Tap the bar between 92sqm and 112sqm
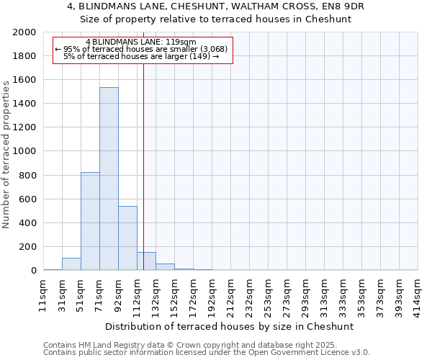[127, 238]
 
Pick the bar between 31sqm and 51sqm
[71, 264]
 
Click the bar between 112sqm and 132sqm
[146, 261]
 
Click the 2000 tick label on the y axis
[24, 32]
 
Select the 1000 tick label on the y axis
[24, 151]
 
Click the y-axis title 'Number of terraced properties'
[7, 155]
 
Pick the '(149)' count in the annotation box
[199, 56]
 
